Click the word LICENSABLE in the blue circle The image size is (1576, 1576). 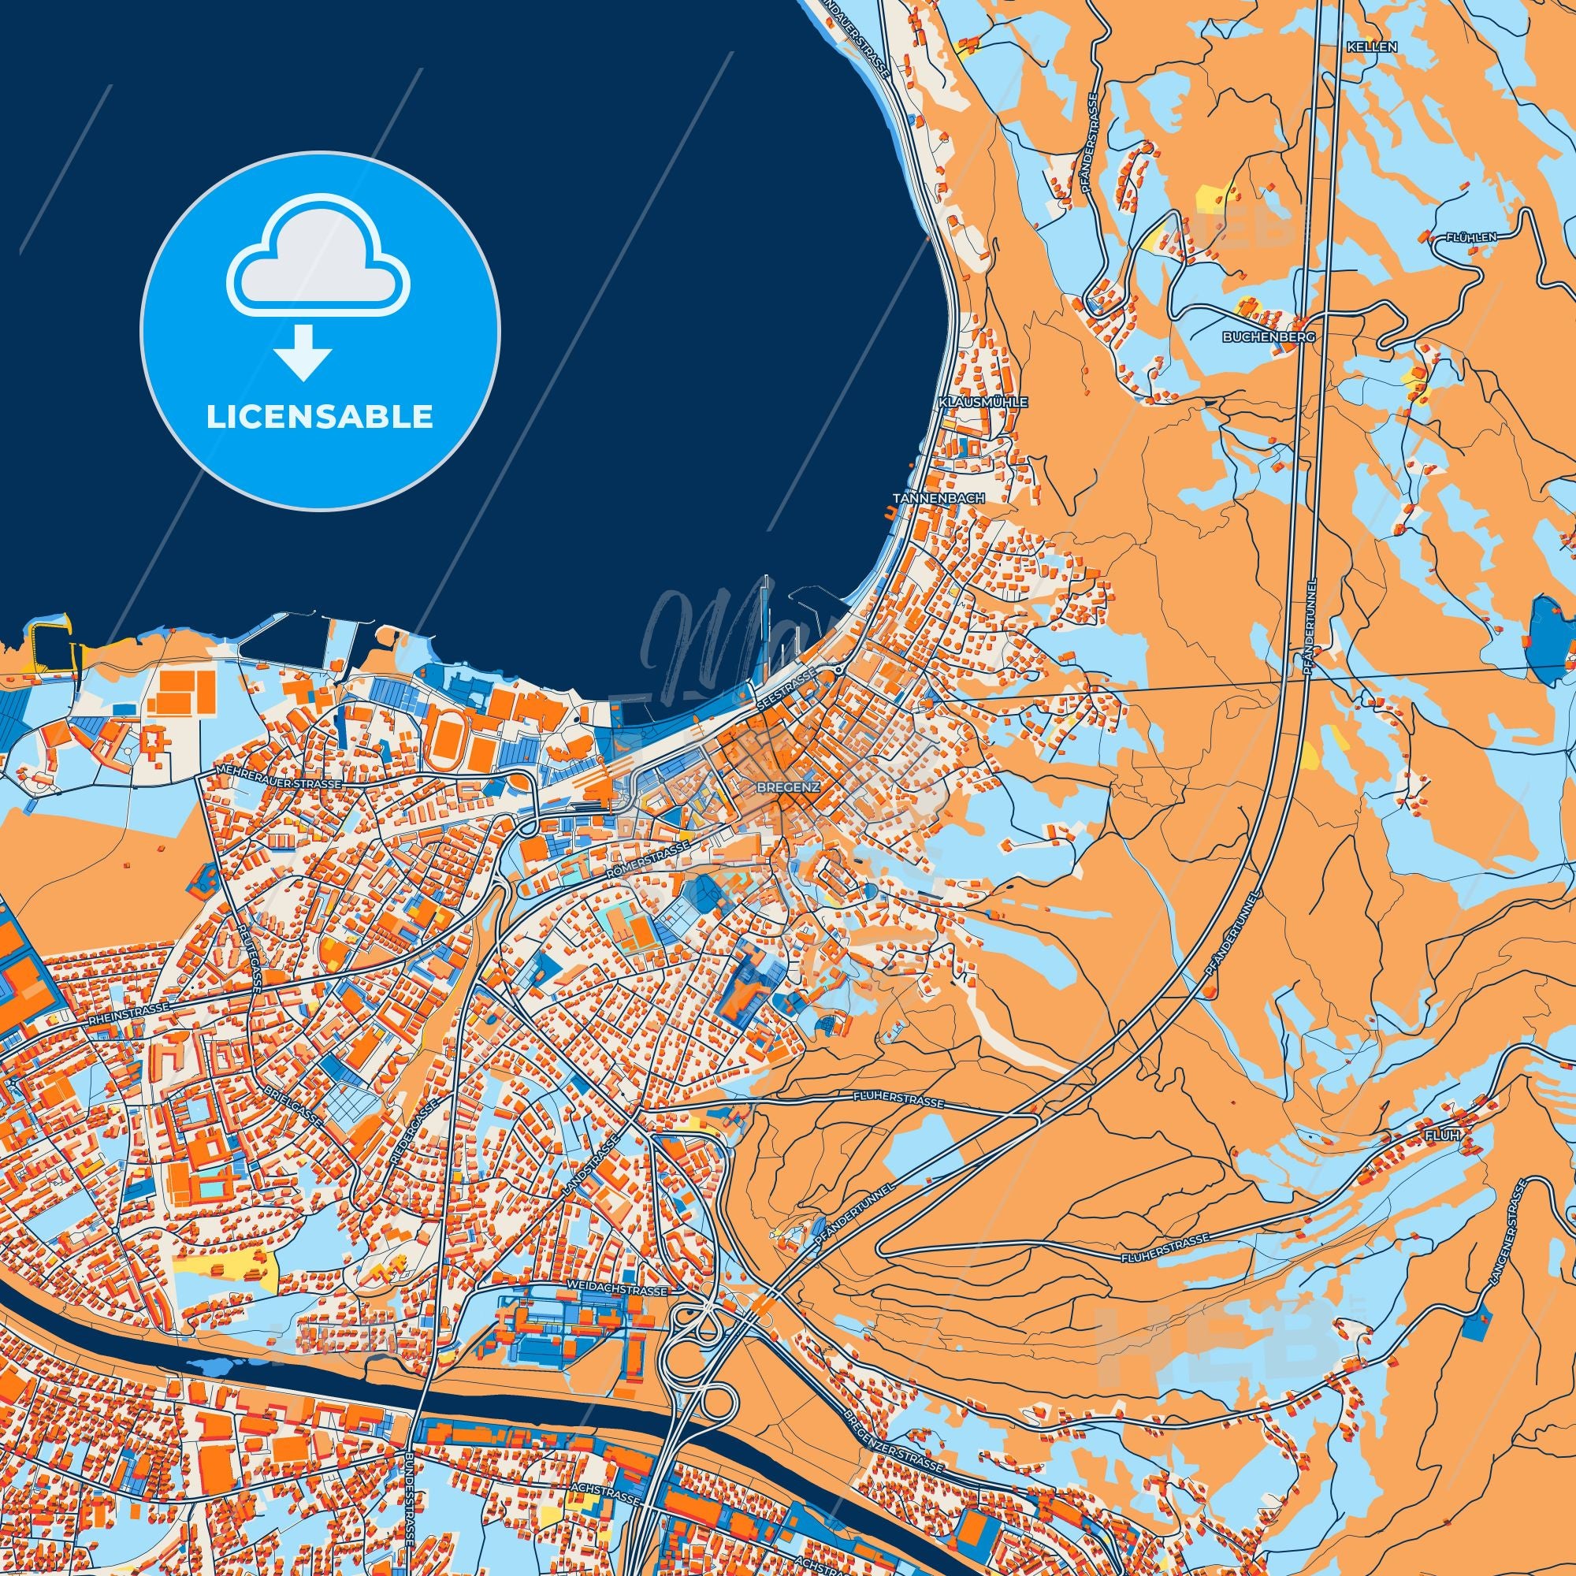click(x=320, y=417)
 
